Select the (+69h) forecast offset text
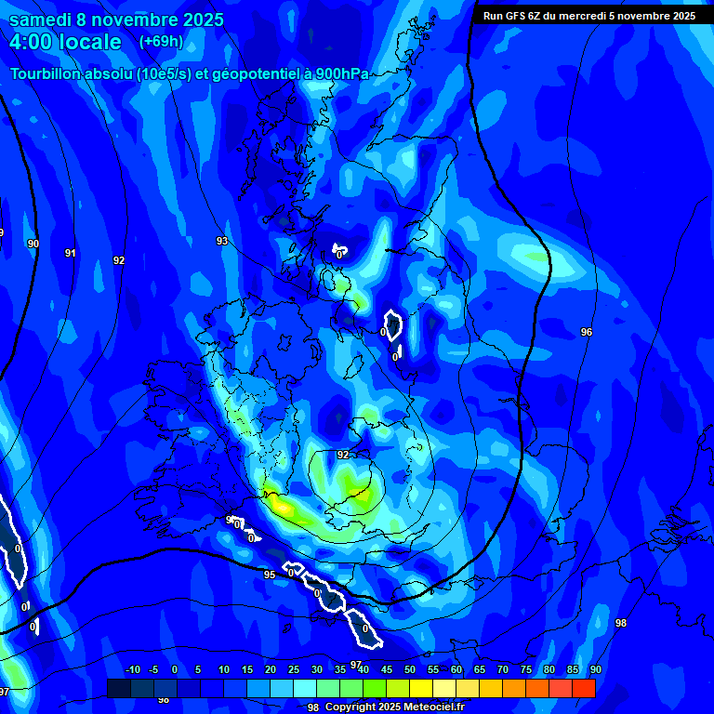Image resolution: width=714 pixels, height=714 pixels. click(x=161, y=42)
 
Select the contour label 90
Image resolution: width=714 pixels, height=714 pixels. click(x=33, y=244)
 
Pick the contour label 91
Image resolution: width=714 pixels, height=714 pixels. click(x=71, y=253)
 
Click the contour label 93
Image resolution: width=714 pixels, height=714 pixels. click(x=222, y=241)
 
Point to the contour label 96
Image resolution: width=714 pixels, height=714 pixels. click(x=586, y=332)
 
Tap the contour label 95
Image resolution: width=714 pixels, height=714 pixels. click(x=270, y=575)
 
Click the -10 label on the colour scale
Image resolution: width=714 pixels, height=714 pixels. click(x=132, y=669)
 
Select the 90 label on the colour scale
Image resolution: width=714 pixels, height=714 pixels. click(x=595, y=669)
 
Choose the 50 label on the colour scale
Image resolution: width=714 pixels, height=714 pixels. click(x=410, y=669)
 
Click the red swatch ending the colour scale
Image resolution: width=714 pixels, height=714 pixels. click(x=583, y=688)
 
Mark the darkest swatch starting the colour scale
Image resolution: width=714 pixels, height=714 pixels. click(x=118, y=688)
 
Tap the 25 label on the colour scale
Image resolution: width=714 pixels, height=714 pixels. click(x=293, y=669)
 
